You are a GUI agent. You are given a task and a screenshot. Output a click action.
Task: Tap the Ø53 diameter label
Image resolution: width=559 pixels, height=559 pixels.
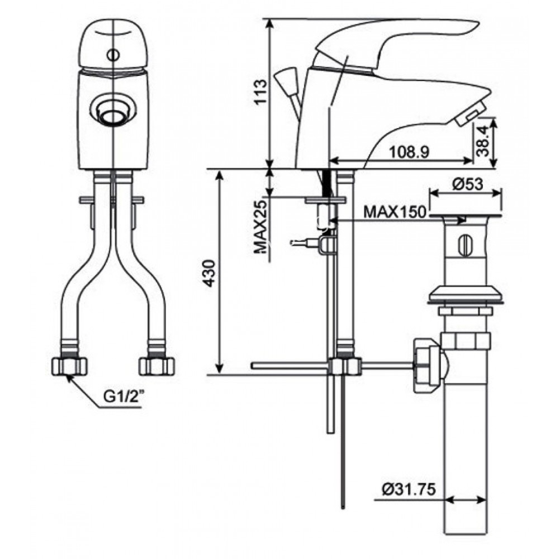tap(465, 183)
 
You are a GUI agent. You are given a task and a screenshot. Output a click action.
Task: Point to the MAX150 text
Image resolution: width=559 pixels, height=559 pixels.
tap(395, 212)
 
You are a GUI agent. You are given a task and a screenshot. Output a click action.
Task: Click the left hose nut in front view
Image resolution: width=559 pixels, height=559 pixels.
tap(69, 366)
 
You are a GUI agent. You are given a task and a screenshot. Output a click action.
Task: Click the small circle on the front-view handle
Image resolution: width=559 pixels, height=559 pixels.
tap(113, 55)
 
